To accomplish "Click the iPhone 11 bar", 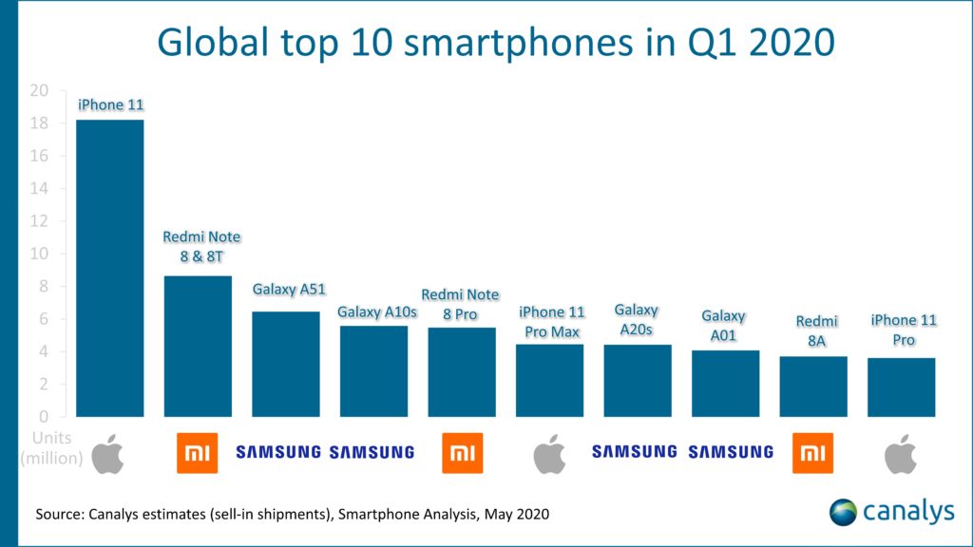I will pos(109,268).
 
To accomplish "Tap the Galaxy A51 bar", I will pos(285,364).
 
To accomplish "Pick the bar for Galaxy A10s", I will pos(373,371).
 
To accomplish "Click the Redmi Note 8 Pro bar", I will pos(462,372).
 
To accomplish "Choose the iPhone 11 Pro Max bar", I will pos(549,380).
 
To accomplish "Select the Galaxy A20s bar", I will pos(638,380).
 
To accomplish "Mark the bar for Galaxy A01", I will pos(725,384).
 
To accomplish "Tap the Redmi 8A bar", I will pos(813,387).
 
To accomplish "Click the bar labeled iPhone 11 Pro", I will pos(901,387).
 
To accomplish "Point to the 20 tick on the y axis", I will pos(38,91).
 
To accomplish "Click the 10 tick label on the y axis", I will pos(38,255).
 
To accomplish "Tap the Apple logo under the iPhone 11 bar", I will pos(109,453).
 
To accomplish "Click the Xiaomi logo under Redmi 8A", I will pos(813,453).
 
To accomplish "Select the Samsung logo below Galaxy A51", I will pos(278,453).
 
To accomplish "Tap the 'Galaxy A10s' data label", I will pos(373,311).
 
